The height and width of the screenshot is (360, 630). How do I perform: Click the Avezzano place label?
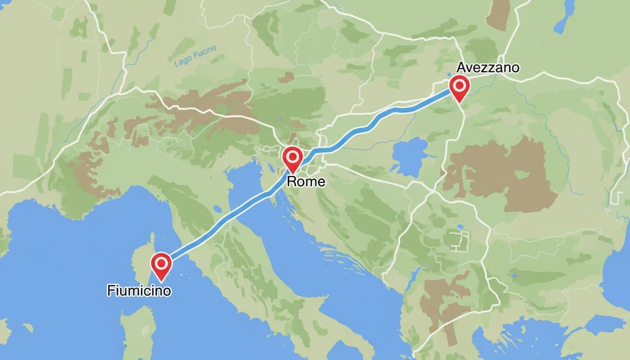click(487, 67)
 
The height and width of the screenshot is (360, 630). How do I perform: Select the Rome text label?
click(306, 181)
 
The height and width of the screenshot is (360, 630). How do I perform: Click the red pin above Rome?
click(292, 157)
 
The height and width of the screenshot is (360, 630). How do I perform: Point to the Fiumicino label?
click(139, 291)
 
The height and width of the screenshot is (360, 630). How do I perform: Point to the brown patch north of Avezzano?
click(498, 14)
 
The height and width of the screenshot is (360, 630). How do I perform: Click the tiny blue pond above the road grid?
click(460, 227)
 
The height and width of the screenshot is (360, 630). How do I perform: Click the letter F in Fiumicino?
click(111, 291)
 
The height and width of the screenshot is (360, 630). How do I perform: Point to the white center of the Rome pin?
click(292, 155)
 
